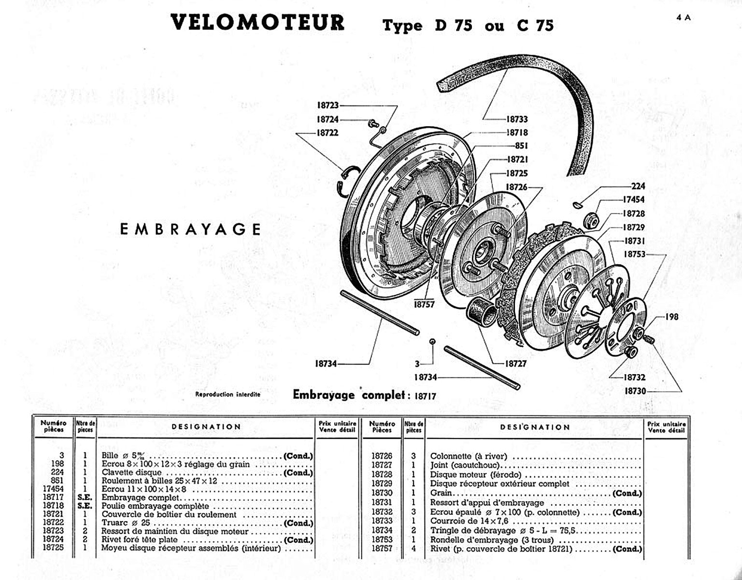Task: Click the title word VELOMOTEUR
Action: coord(257,23)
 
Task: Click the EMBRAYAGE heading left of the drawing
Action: coord(190,229)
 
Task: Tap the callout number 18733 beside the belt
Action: coord(517,119)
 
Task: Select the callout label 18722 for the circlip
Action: coord(328,132)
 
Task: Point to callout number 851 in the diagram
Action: coord(522,145)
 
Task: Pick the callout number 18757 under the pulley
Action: coord(424,304)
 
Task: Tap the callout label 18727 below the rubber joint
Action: coord(515,363)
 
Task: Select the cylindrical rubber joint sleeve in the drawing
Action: coord(482,315)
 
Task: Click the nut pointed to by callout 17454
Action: coord(592,220)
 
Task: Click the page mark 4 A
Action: coord(684,17)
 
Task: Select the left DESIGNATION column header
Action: coord(206,427)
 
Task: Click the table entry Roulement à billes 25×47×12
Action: coord(159,481)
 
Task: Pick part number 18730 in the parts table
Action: coord(382,493)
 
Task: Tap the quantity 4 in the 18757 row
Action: coord(414,549)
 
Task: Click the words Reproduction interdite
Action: coord(228,394)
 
